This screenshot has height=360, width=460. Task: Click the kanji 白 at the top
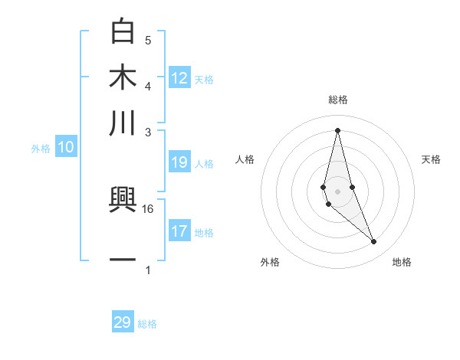[x=123, y=32]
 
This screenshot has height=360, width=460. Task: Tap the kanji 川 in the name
[x=123, y=123]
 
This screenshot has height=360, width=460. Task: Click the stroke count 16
[x=148, y=208]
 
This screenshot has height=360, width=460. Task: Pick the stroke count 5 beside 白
[x=148, y=40]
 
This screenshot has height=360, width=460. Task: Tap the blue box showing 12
[x=179, y=77]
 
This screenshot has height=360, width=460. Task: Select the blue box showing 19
[x=179, y=162]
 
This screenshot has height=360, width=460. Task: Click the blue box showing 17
[x=179, y=231]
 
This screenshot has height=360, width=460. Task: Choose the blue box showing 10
[x=66, y=148]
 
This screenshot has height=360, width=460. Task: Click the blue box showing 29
[x=123, y=322]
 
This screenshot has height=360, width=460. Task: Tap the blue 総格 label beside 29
[x=147, y=324]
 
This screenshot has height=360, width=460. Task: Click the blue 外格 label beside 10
[x=41, y=149]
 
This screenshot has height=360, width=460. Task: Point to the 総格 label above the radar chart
[x=338, y=100]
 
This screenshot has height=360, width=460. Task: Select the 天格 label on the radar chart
[x=432, y=159]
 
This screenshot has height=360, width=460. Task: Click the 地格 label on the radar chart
[x=402, y=262]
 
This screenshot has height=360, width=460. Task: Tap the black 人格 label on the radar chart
[x=245, y=159]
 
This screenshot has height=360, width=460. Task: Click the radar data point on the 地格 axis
[x=374, y=242]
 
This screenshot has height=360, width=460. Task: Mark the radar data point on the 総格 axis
[x=337, y=130]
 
